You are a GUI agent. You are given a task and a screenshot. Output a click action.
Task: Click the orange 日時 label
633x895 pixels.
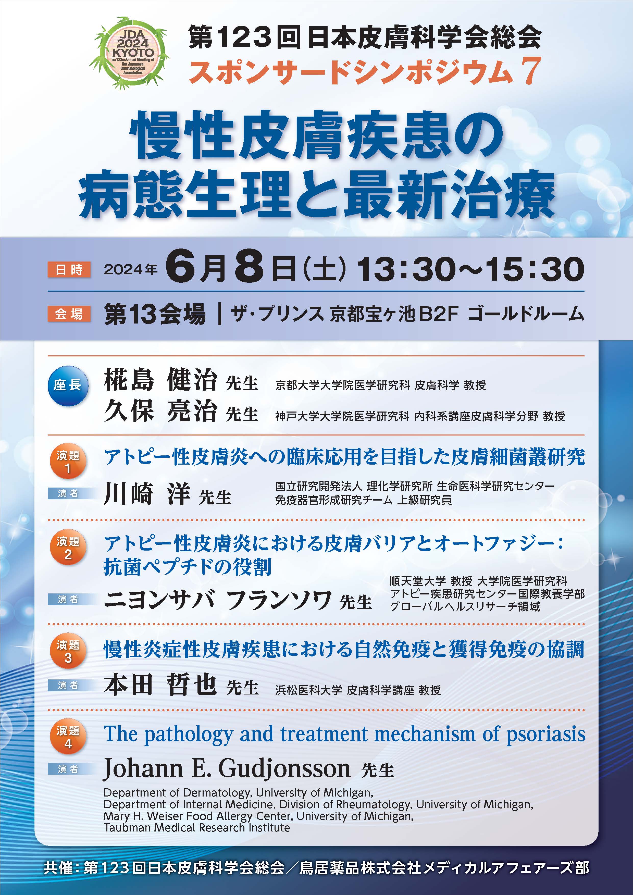(69, 269)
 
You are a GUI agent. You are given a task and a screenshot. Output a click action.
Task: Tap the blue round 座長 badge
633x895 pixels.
(68, 386)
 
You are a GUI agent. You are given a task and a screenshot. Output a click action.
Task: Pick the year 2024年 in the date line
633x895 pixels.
(131, 269)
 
